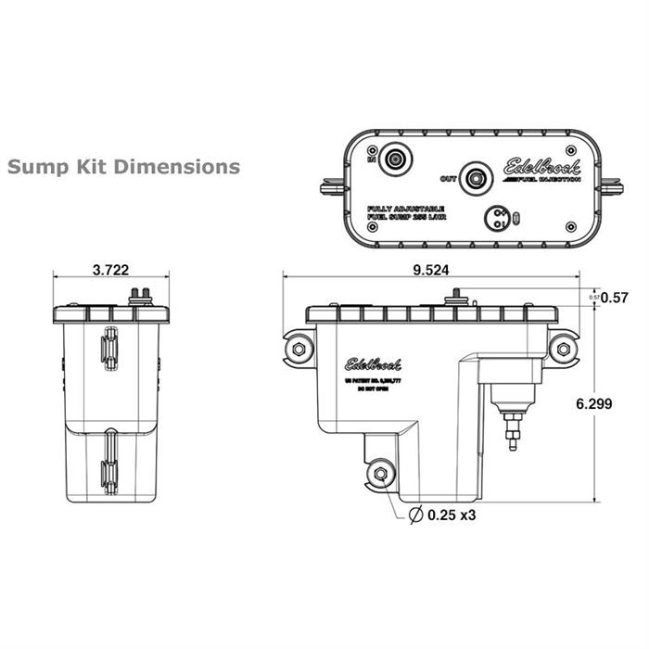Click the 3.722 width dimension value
(111, 270)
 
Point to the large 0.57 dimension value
(615, 298)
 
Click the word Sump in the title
(33, 168)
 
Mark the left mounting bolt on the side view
(298, 349)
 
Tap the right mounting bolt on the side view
(562, 349)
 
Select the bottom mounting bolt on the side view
(379, 475)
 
